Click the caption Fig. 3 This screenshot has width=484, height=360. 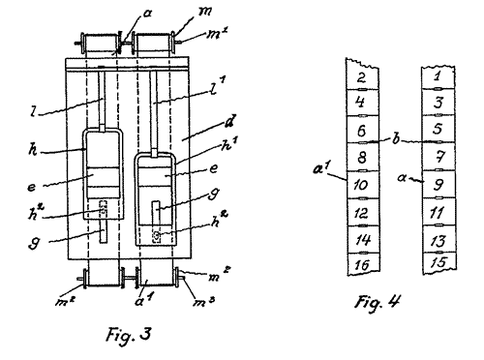point(129,335)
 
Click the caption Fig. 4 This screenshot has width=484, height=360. point(378,303)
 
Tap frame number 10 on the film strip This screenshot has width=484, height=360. point(361,185)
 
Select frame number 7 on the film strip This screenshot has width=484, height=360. point(439,157)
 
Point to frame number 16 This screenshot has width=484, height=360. point(362,265)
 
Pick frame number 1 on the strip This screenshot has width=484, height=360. point(438,76)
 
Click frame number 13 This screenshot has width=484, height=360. point(439,241)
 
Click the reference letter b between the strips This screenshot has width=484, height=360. point(396,138)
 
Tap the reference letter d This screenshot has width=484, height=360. point(229,122)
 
